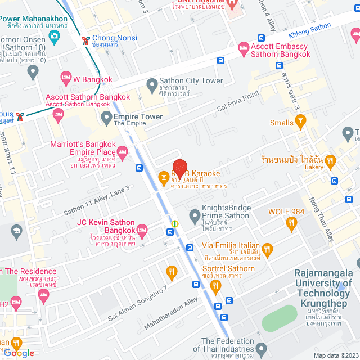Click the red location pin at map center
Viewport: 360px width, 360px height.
179,169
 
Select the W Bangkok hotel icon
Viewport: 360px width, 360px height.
65,76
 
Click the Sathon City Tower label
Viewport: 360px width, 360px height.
183,80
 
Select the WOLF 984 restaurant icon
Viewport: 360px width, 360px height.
291,224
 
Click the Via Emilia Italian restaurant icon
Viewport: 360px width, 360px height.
267,249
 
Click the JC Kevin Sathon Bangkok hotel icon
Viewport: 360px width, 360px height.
142,229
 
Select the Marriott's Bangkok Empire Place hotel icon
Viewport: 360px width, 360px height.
122,151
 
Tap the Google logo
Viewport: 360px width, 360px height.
19,353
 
